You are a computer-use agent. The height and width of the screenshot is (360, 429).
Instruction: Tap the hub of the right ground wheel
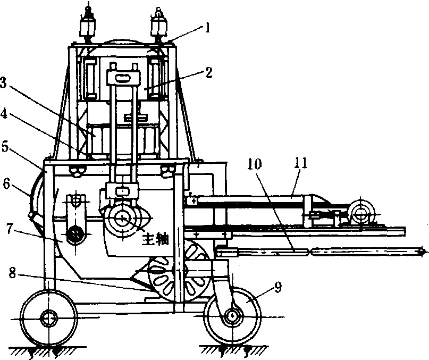pos(232,316)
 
